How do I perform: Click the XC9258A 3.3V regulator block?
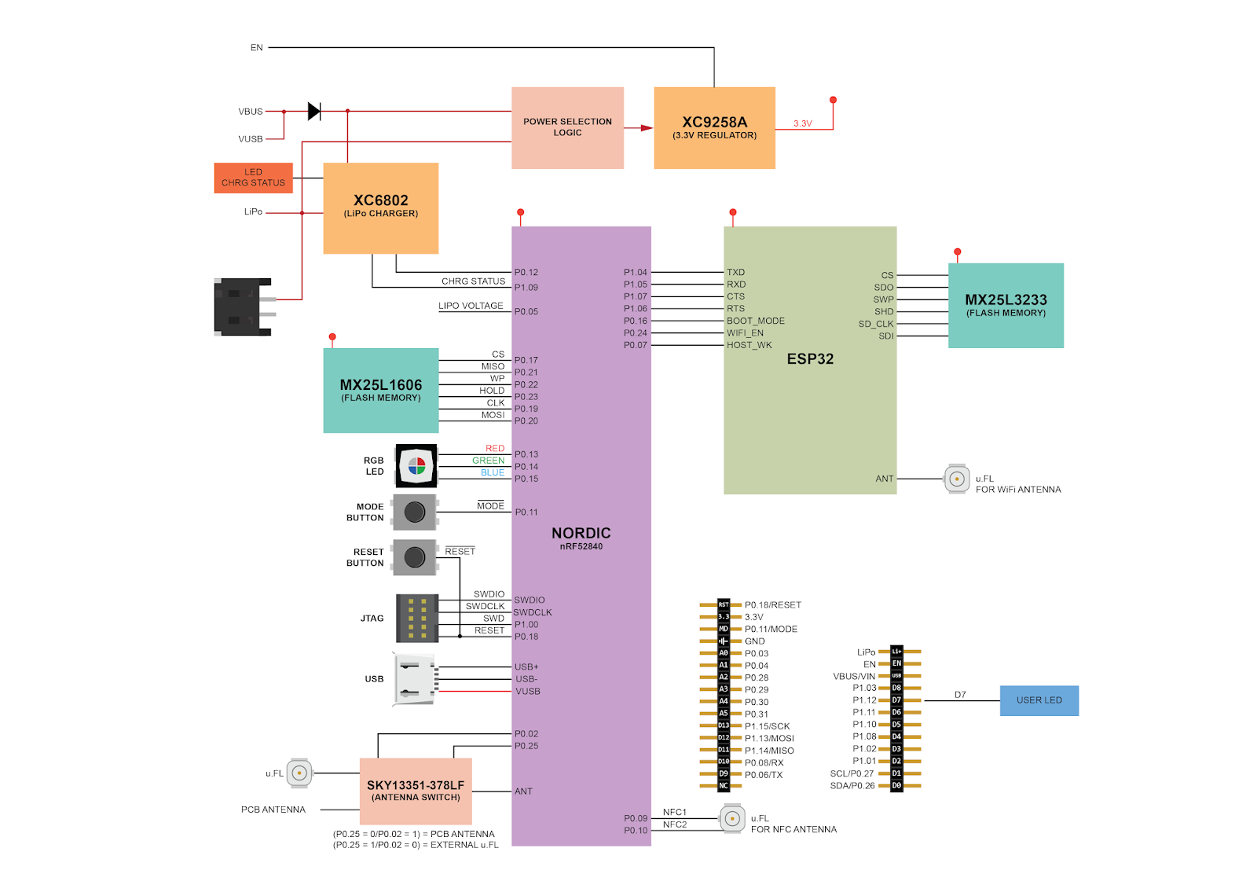714,127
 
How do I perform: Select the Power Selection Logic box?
567,127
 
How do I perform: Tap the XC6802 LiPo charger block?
380,207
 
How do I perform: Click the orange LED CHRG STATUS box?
253,178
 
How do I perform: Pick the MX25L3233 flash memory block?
1006,305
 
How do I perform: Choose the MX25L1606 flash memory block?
380,390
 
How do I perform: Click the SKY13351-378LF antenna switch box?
416,791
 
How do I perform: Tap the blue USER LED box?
1039,700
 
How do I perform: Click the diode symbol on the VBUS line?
314,112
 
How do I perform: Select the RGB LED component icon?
416,466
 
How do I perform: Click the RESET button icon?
415,557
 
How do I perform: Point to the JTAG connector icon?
417,618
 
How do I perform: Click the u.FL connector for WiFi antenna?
957,479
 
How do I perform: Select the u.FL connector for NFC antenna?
732,818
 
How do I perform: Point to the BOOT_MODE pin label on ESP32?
755,321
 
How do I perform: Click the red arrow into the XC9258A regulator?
646,127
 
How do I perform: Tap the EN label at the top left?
256,48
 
